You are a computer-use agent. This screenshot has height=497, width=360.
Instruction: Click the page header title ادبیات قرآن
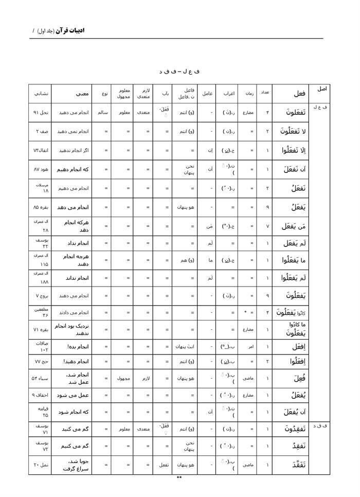70,31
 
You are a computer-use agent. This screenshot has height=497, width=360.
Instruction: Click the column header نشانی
41,94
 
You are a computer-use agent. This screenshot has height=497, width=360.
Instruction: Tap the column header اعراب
229,94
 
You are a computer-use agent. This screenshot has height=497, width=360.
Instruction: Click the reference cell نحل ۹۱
42,112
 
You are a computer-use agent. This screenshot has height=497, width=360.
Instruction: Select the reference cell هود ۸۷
41,169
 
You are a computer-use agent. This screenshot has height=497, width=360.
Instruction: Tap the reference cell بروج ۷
41,296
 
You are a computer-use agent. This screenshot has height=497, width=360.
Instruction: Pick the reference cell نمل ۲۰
41,465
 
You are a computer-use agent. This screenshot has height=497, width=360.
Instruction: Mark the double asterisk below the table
179,478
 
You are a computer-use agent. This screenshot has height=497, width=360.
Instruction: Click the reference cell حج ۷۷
41,362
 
